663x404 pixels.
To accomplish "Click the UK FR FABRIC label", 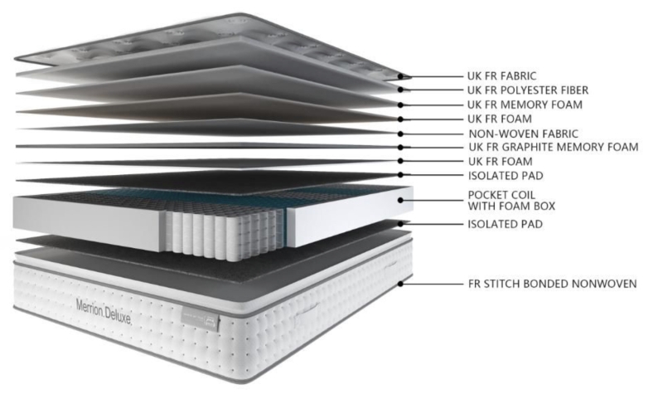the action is coord(501,76).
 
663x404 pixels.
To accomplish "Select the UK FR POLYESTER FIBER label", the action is coord(528,90).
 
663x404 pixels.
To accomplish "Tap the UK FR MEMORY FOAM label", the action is coord(525,105).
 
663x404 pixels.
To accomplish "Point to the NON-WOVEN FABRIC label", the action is coord(523,134).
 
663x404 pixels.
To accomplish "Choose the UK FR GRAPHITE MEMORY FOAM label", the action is coord(554,147).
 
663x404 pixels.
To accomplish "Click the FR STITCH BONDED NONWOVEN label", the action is coord(552,284).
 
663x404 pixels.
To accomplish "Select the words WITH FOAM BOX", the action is coord(511,207).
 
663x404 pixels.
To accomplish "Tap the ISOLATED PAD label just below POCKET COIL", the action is coord(505,224).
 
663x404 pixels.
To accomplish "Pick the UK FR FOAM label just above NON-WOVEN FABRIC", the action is coord(500,119).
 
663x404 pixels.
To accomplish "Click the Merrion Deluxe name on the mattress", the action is coord(104,312).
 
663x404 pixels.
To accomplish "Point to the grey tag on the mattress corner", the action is coord(201,319).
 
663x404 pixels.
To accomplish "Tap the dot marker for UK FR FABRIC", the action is coord(400,76).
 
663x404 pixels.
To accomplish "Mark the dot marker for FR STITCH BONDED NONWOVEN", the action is coord(400,284).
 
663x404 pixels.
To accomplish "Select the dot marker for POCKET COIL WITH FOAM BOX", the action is coord(400,200).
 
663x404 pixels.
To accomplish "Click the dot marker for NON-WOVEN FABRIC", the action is coord(400,134).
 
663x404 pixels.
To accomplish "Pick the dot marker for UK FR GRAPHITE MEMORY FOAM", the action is coord(400,147).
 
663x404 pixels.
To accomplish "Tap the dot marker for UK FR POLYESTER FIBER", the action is coord(400,90).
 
